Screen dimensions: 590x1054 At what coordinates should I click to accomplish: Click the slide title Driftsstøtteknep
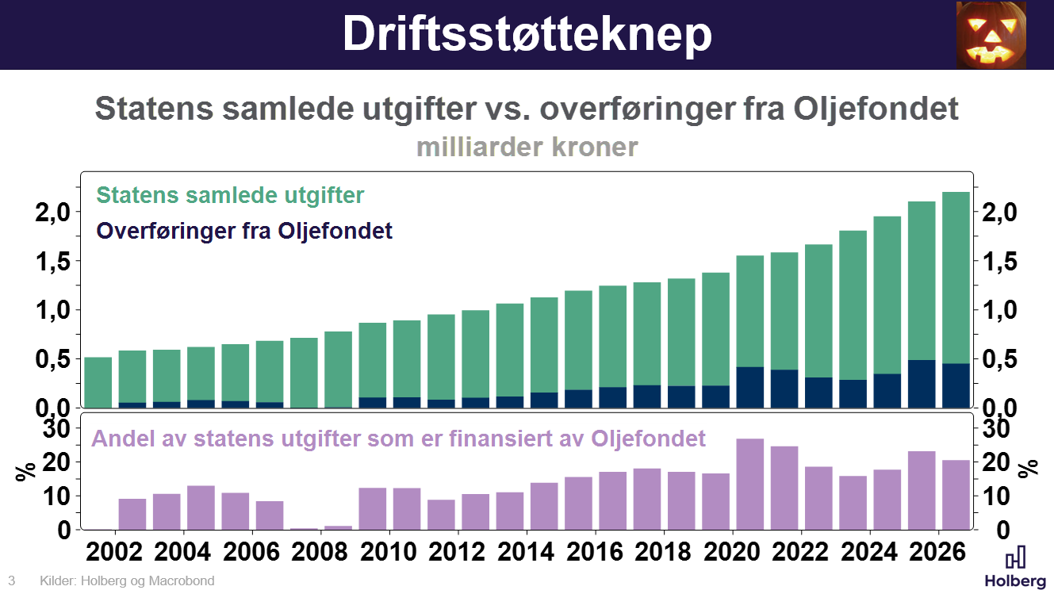(527, 33)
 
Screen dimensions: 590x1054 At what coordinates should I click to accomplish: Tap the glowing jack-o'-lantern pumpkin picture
(991, 35)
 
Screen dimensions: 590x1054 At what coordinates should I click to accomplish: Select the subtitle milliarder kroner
(527, 147)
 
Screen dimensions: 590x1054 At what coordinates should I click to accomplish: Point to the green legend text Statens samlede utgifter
(230, 195)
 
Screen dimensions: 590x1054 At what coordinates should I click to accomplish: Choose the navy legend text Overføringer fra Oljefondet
(244, 232)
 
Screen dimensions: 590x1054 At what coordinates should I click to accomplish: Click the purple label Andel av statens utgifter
(398, 439)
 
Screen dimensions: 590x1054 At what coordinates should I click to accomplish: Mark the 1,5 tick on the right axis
(1002, 261)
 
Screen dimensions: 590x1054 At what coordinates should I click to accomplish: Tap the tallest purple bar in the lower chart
(750, 484)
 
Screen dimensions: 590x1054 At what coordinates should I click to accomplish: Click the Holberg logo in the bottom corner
(1014, 567)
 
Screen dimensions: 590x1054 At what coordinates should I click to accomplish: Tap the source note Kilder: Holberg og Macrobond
(127, 581)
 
